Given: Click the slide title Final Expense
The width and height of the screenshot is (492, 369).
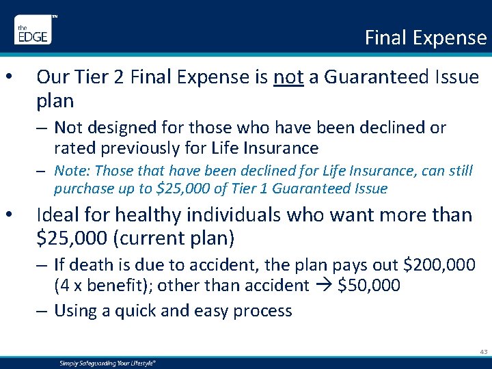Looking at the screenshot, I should click(x=425, y=37).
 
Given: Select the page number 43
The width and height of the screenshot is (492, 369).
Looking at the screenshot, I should click(x=483, y=351).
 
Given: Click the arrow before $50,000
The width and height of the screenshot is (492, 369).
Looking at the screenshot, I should click(x=325, y=286).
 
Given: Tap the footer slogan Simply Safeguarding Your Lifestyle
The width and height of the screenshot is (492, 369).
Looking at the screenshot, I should click(x=107, y=364).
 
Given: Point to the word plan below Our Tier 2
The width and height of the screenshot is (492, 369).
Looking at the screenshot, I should click(x=55, y=101).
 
